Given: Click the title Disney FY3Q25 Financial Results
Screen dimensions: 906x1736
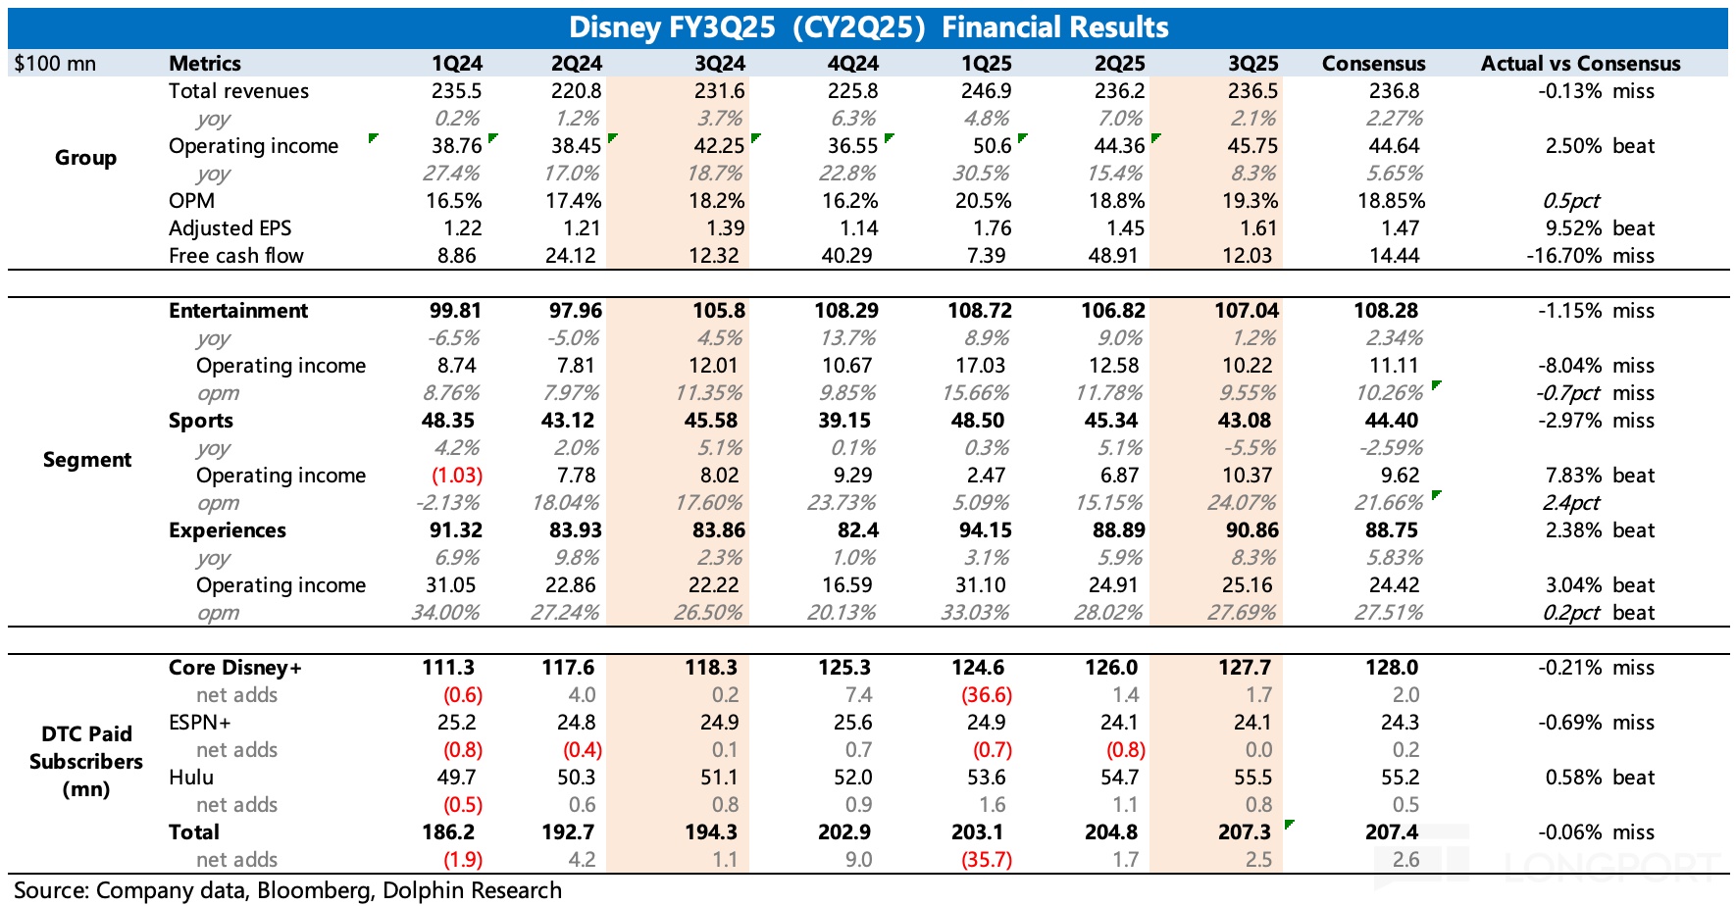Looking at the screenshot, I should click(868, 26).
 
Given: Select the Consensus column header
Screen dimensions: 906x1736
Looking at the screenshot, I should click(1373, 64).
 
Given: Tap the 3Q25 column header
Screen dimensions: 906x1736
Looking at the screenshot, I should click(1252, 64).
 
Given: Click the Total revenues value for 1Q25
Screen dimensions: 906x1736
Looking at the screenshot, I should click(986, 91).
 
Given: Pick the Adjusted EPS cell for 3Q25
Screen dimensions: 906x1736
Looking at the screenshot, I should click(1258, 228).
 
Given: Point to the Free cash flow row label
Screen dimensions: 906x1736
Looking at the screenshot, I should click(235, 256).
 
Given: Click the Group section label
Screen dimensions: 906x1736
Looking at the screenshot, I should click(85, 158).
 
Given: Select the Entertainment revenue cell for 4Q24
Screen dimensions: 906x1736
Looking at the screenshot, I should click(845, 311).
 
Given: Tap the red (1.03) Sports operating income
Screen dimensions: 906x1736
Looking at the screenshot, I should click(457, 476).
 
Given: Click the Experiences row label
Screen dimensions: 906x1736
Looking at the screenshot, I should click(228, 530).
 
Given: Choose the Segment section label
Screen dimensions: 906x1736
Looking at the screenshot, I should click(86, 460).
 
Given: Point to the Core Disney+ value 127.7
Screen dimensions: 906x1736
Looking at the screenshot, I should click(1245, 668).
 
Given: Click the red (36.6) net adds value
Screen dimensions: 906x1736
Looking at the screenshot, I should click(986, 695).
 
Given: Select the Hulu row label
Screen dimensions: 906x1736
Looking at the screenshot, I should click(191, 778).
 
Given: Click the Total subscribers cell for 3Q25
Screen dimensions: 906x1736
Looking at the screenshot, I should click(1245, 832).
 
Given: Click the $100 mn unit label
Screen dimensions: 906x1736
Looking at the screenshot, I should click(55, 64).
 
